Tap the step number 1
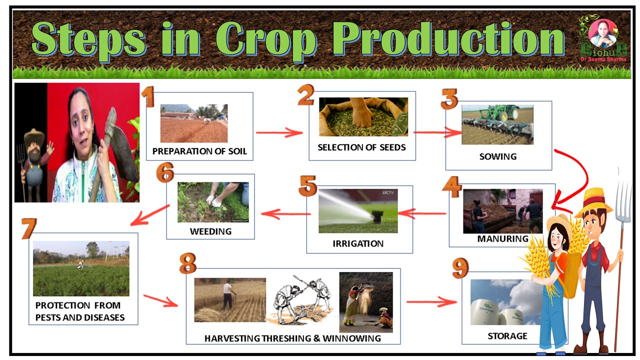pyautogui.click(x=148, y=97)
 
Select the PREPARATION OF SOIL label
pyautogui.click(x=199, y=151)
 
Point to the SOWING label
pyautogui.click(x=497, y=156)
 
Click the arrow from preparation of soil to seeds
pyautogui.click(x=279, y=133)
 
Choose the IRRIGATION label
pyautogui.click(x=358, y=244)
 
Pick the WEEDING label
pyautogui.click(x=210, y=231)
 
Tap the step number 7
pyautogui.click(x=29, y=228)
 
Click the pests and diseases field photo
pyautogui.click(x=81, y=268)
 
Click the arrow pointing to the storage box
pyautogui.click(x=431, y=302)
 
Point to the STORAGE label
pyautogui.click(x=507, y=336)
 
